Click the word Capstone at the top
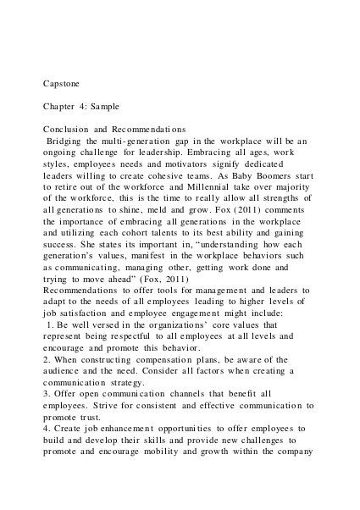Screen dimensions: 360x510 tap(64, 86)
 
